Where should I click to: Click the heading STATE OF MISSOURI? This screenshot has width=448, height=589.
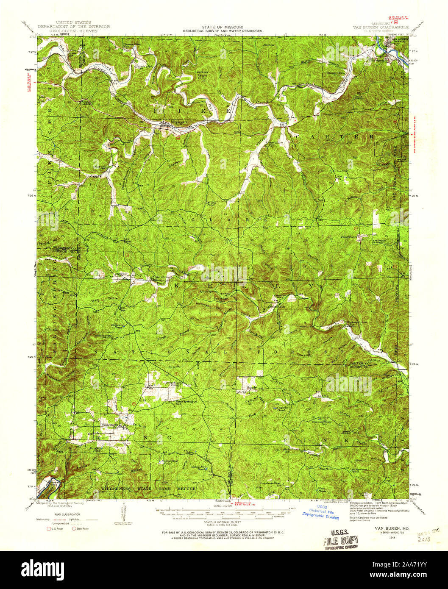click(222, 26)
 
